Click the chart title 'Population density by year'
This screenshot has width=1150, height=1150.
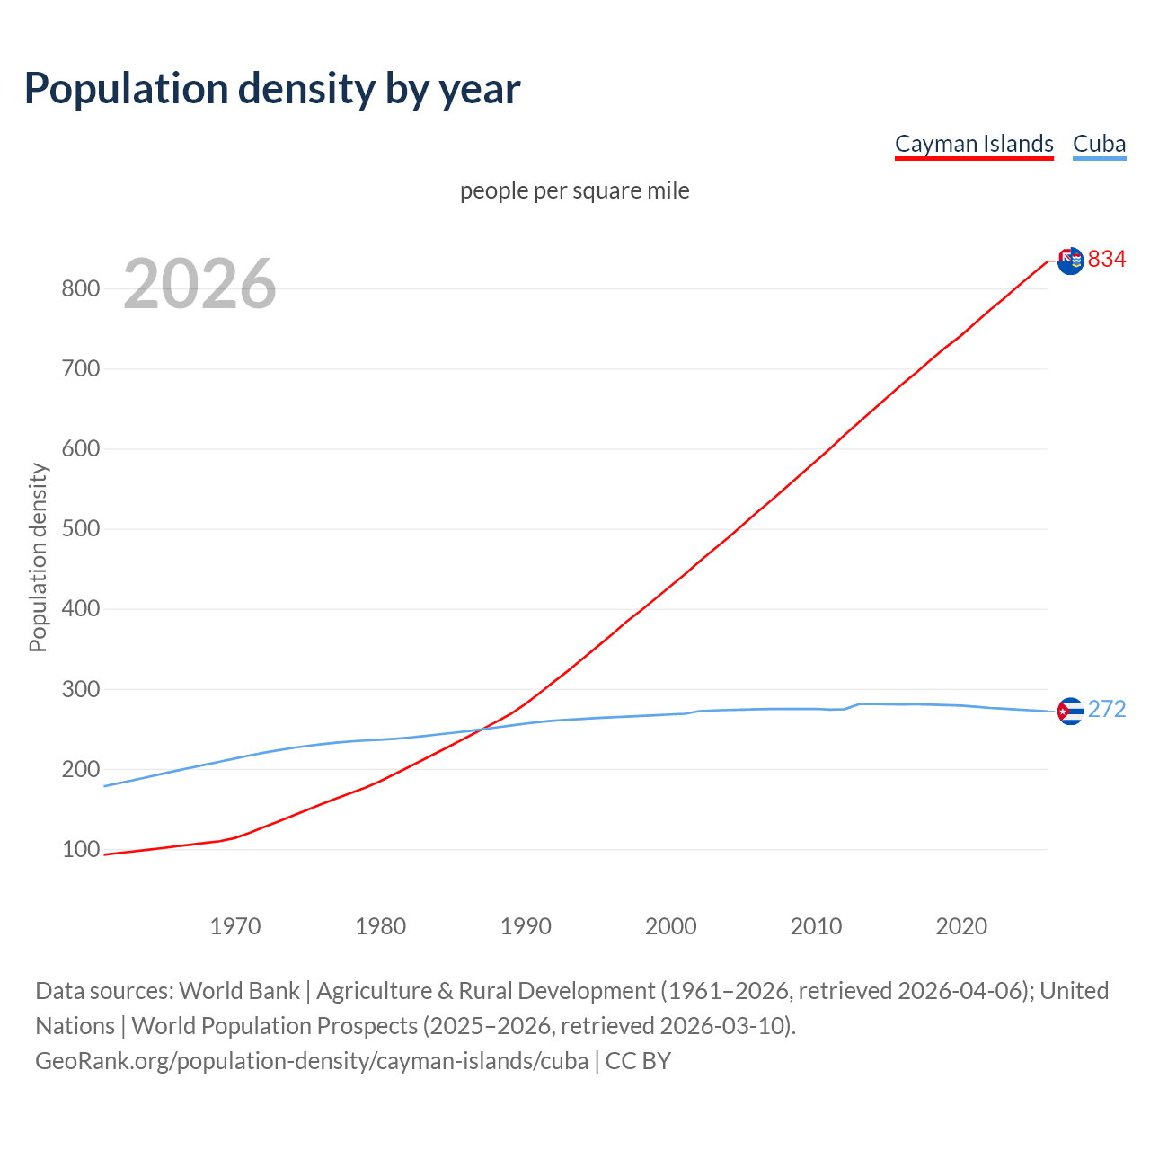pyautogui.click(x=272, y=89)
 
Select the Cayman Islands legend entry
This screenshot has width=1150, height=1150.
pyautogui.click(x=974, y=144)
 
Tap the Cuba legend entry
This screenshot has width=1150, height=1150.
pyautogui.click(x=1099, y=144)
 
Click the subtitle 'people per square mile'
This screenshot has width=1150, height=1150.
pyautogui.click(x=574, y=190)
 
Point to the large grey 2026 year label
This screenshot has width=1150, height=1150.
pyautogui.click(x=199, y=284)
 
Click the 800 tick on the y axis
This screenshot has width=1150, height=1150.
pyautogui.click(x=80, y=288)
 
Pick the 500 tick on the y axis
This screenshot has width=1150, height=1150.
pyautogui.click(x=80, y=528)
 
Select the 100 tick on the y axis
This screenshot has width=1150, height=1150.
pyautogui.click(x=80, y=849)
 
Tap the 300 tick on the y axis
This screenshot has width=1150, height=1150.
pyautogui.click(x=80, y=689)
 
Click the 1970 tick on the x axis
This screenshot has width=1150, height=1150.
pyautogui.click(x=235, y=925)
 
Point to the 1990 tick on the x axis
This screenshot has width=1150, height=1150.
pyautogui.click(x=526, y=925)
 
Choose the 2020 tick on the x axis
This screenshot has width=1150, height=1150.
pyautogui.click(x=961, y=925)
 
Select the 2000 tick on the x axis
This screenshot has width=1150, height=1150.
pyautogui.click(x=671, y=925)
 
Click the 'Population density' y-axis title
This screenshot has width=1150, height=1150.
pyautogui.click(x=38, y=557)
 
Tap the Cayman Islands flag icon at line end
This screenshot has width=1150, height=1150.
pyautogui.click(x=1070, y=261)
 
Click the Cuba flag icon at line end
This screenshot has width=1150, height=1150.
pyautogui.click(x=1070, y=711)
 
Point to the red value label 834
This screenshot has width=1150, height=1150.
pyautogui.click(x=1107, y=260)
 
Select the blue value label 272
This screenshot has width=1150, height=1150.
pyautogui.click(x=1107, y=710)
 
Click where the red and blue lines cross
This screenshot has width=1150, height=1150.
pyautogui.click(x=481, y=729)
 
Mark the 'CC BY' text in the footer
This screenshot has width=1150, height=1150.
pyautogui.click(x=638, y=1061)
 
